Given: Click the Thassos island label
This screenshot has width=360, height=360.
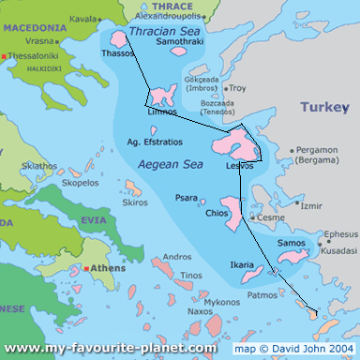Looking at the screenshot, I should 117,53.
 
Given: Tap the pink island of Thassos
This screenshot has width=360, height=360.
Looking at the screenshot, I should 120,38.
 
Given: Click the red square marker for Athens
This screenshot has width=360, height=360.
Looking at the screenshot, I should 87,268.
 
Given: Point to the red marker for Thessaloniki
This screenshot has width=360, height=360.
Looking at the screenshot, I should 5,56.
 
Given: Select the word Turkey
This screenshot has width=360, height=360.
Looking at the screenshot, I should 323,108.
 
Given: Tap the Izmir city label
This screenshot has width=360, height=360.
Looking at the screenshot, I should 311,204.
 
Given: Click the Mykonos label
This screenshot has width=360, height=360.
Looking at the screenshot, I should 222,302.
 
